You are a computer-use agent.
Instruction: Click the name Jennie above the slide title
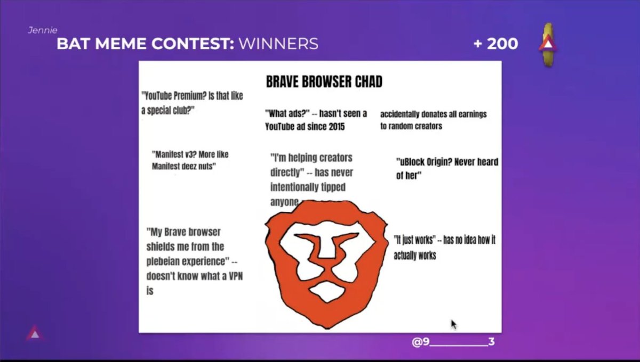tap(42, 30)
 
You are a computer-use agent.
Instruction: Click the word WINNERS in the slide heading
tap(278, 44)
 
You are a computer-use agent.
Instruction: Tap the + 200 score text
tap(495, 44)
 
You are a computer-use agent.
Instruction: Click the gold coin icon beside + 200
tap(547, 45)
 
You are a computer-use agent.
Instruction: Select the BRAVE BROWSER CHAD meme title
tap(324, 81)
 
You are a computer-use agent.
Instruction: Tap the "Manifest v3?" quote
tap(190, 160)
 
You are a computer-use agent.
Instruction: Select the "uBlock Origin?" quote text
tap(446, 168)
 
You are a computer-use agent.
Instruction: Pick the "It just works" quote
tap(444, 248)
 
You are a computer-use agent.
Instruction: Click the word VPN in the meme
tap(233, 276)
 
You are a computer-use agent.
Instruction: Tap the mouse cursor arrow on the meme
tap(453, 324)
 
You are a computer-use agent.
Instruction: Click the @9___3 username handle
tap(453, 342)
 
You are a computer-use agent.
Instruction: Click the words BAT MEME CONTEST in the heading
tap(145, 44)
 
